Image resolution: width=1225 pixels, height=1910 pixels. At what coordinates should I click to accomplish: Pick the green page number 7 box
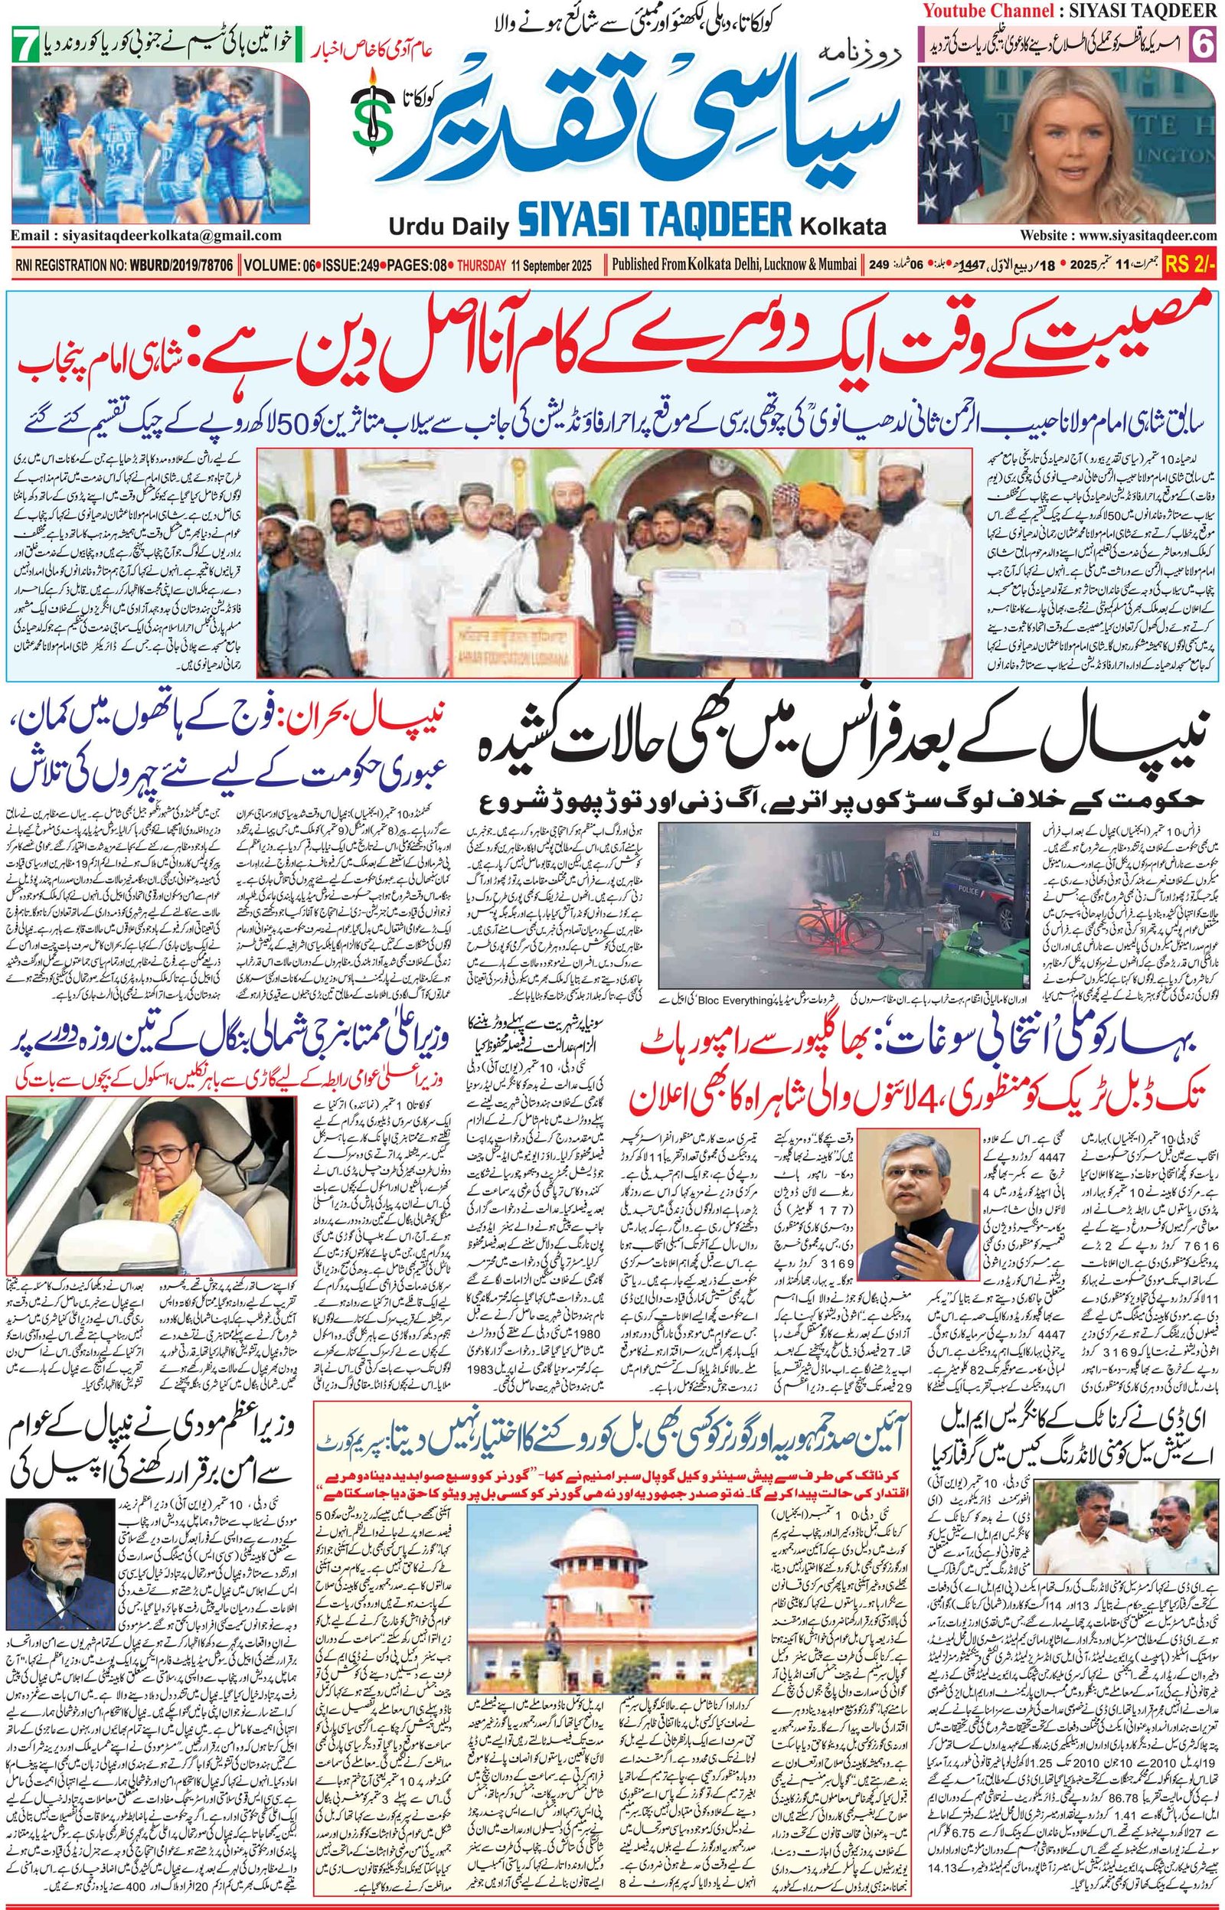(x=26, y=46)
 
